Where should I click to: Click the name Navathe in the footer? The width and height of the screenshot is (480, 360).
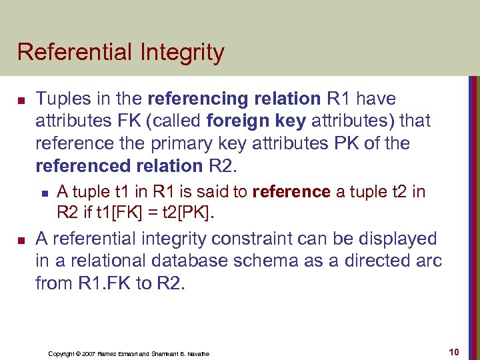195,353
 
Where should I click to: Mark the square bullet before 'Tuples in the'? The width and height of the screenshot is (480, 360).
21,100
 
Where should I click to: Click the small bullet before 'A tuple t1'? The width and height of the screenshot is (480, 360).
44,193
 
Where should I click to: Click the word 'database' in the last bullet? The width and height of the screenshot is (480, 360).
205,261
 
